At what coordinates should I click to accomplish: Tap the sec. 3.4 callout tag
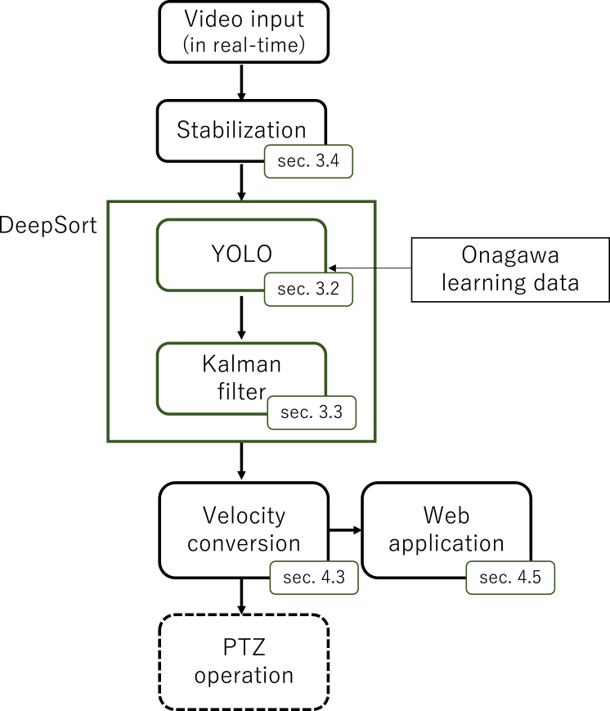pos(308,162)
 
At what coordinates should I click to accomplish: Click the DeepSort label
pos(48,224)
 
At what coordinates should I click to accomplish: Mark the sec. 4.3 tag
pos(312,577)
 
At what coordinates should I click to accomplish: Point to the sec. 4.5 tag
pos(510,578)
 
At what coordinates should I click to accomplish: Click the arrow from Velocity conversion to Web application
pos(343,530)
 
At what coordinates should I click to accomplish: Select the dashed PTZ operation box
pos(243,663)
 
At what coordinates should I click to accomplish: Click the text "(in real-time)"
pos(244,45)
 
